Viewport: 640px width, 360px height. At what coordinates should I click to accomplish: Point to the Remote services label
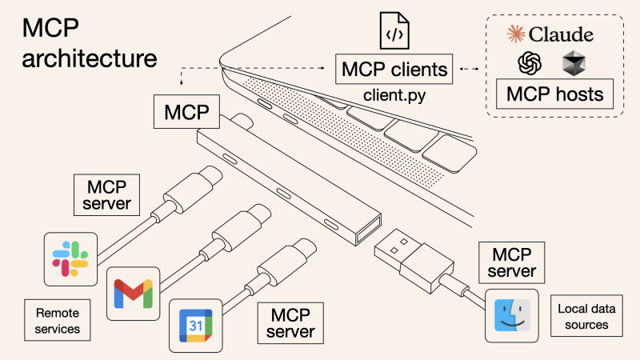coord(58,319)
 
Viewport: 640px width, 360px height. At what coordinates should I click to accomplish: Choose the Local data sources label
coord(583,316)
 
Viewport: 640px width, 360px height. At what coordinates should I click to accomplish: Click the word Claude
coord(560,34)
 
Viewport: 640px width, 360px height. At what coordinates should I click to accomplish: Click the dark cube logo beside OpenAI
coord(574,62)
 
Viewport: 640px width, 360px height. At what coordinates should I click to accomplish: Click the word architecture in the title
coord(89,58)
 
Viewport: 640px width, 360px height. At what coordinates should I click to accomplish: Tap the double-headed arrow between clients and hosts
coord(473,70)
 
